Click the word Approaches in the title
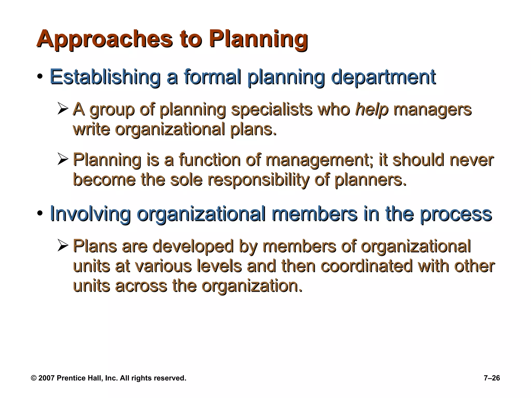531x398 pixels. tap(104, 39)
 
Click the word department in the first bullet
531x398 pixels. tap(383, 77)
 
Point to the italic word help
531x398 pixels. tap(372, 110)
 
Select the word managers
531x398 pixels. tap(432, 110)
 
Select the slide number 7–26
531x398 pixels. tap(492, 378)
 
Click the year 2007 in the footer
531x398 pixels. tap(46, 378)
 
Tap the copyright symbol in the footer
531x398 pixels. tap(34, 378)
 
